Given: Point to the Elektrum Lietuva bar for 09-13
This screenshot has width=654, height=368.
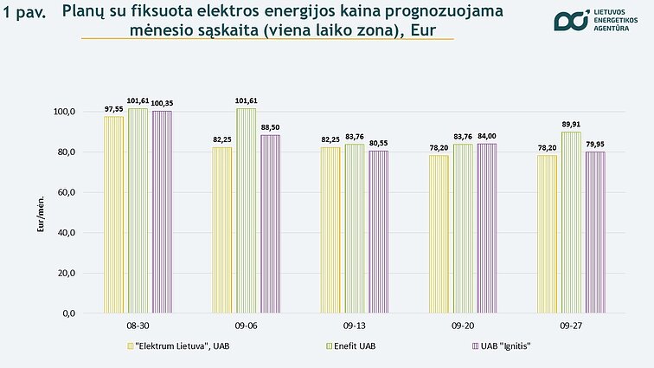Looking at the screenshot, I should [x=330, y=229].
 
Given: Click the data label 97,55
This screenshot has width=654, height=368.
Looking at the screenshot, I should [x=114, y=109].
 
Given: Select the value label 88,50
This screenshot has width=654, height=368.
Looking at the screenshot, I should [x=271, y=127].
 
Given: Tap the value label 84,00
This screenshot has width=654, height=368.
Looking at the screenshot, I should [x=487, y=136].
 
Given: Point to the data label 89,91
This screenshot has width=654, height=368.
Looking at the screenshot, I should [x=571, y=124].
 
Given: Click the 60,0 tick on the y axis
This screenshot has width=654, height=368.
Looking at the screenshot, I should [x=66, y=192].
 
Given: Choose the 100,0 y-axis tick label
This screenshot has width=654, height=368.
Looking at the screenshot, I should [x=64, y=112].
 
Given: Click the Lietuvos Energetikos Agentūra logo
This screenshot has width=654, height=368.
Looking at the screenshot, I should [x=596, y=22].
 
